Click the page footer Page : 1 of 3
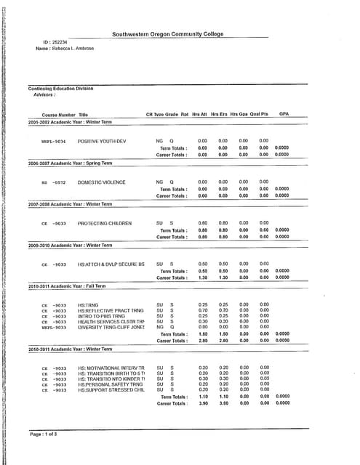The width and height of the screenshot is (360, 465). [43, 434]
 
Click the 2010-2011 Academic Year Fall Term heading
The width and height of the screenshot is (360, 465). [67, 286]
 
